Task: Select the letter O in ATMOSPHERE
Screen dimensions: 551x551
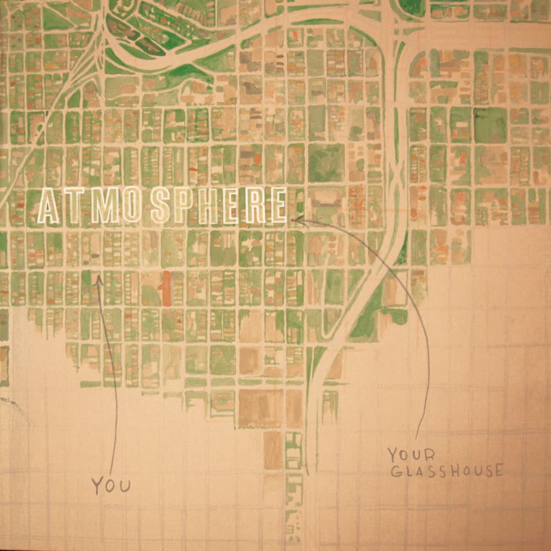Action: pyautogui.click(x=129, y=207)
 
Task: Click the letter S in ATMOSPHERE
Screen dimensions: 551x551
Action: pyautogui.click(x=159, y=207)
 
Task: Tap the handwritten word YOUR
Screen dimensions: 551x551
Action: pyautogui.click(x=411, y=455)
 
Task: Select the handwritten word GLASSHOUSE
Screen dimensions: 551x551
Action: pyautogui.click(x=446, y=470)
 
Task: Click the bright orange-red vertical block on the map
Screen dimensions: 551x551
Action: pyautogui.click(x=167, y=288)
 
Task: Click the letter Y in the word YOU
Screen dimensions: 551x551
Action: pyautogui.click(x=97, y=485)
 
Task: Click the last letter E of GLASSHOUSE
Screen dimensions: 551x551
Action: pyautogui.click(x=498, y=471)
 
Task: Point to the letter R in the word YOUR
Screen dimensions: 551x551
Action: pyautogui.click(x=430, y=456)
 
